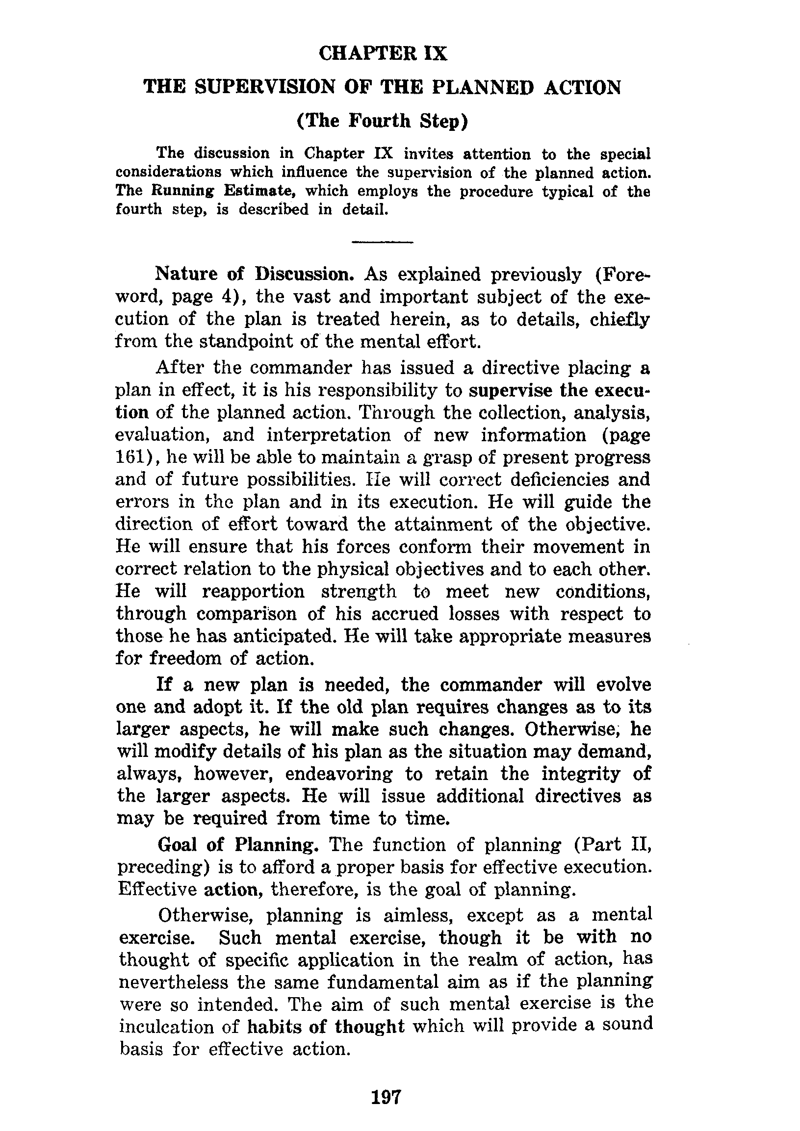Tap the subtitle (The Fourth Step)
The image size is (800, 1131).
(382, 121)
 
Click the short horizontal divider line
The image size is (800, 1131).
(383, 242)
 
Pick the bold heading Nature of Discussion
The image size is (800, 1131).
(255, 275)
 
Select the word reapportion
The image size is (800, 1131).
(254, 591)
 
